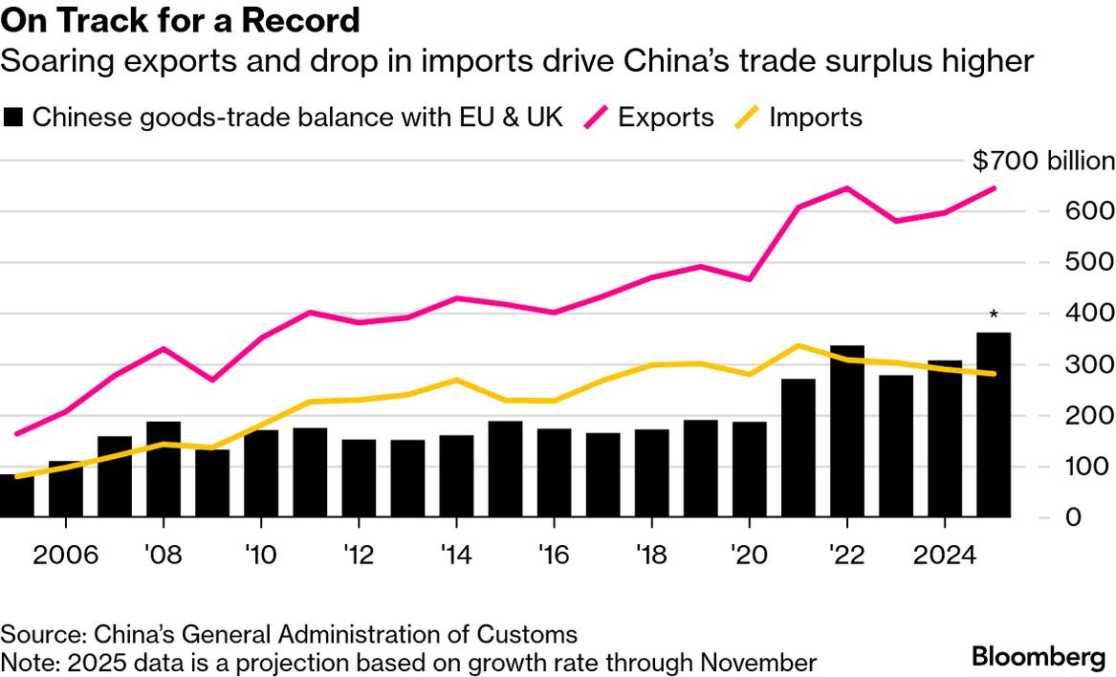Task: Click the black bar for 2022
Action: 847,430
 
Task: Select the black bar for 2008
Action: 164,469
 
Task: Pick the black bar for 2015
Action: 505,469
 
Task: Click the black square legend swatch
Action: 12,118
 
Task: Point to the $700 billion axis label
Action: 1043,161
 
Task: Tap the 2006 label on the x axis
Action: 65,556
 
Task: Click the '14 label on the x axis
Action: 456,556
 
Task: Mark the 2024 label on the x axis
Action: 945,556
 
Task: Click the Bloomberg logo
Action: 1039,657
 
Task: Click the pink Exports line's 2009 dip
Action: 211,381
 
